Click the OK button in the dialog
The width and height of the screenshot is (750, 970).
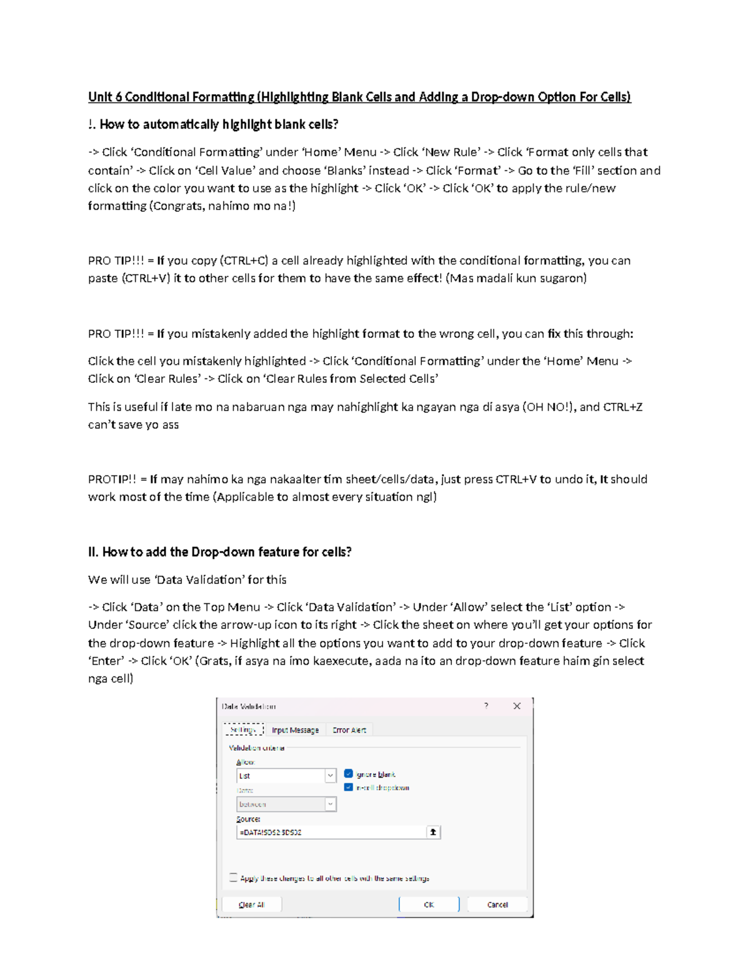coord(429,904)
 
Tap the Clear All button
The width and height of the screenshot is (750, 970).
coord(251,904)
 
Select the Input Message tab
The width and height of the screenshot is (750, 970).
coord(295,730)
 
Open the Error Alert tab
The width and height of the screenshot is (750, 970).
coord(349,730)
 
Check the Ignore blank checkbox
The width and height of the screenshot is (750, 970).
coord(349,774)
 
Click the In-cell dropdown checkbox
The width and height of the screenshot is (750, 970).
coord(349,788)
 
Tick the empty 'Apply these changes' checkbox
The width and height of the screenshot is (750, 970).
coord(233,878)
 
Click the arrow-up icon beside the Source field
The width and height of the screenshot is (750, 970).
coord(433,832)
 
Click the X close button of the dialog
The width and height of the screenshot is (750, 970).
coord(517,706)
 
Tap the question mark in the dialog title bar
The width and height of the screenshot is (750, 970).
coord(486,706)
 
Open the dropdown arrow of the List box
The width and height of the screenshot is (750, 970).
coord(330,776)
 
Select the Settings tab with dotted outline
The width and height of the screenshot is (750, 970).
coord(243,730)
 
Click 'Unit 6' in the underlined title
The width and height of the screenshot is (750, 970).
coord(104,97)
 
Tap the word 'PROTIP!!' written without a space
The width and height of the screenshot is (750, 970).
coord(112,480)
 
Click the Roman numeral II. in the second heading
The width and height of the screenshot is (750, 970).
coord(93,552)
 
